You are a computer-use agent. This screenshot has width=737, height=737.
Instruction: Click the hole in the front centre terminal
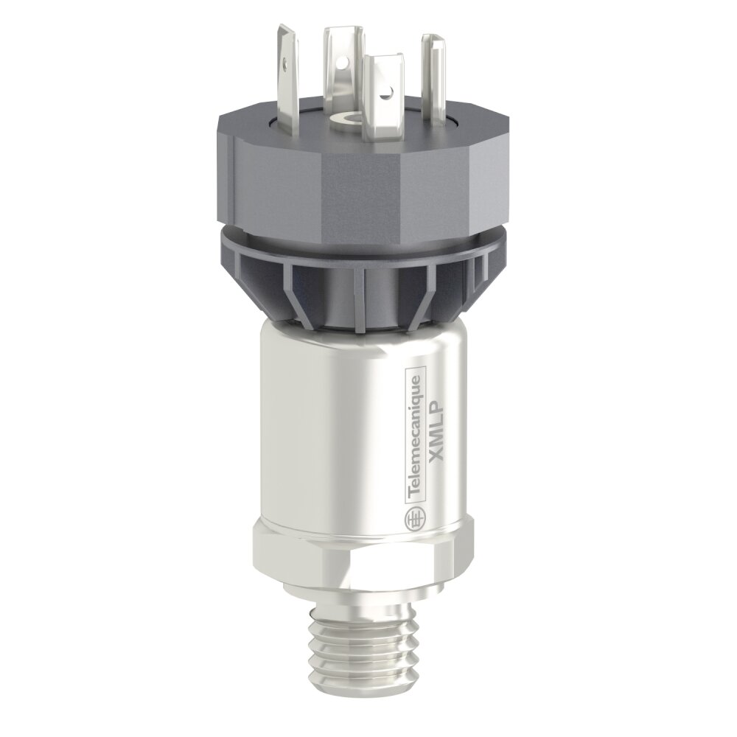[x=386, y=95]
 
